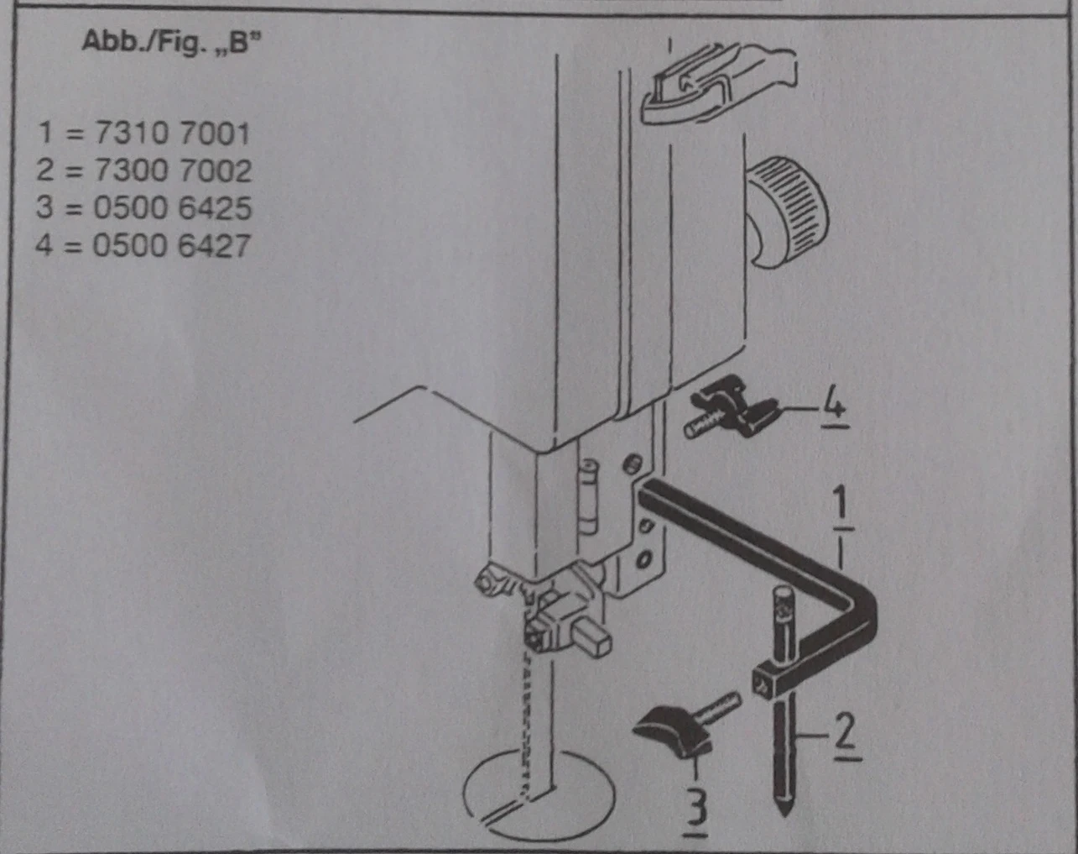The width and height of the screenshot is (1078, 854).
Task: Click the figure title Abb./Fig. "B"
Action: point(172,42)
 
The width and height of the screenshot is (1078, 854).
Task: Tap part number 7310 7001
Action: point(172,134)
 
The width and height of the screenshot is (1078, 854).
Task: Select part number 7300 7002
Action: point(172,170)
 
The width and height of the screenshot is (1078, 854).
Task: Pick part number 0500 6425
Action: point(172,207)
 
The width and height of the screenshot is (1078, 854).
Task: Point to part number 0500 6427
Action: point(171,245)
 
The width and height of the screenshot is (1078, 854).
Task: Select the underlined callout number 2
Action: point(847,737)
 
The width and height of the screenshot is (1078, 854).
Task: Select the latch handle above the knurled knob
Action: point(718,83)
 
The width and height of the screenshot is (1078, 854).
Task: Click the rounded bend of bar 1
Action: point(862,610)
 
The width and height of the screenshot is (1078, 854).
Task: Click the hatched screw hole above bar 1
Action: point(633,464)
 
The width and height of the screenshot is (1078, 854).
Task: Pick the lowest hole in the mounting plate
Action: point(644,558)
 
